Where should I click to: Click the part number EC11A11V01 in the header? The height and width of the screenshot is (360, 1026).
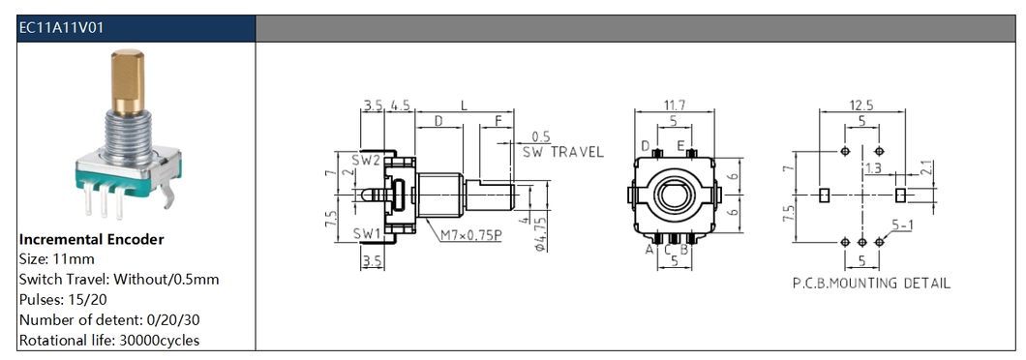click(x=62, y=28)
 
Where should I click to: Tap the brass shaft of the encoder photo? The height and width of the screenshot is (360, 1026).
click(x=128, y=81)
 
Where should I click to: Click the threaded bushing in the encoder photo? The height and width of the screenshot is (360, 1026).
click(x=128, y=136)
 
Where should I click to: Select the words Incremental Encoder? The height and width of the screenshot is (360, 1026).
click(x=92, y=240)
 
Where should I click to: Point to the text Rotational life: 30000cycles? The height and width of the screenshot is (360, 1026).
click(x=109, y=341)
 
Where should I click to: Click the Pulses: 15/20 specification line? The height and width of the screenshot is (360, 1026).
click(x=64, y=300)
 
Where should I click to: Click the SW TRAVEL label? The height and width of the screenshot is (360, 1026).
click(x=562, y=152)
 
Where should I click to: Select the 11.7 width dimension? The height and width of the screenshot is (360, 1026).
click(x=673, y=105)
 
